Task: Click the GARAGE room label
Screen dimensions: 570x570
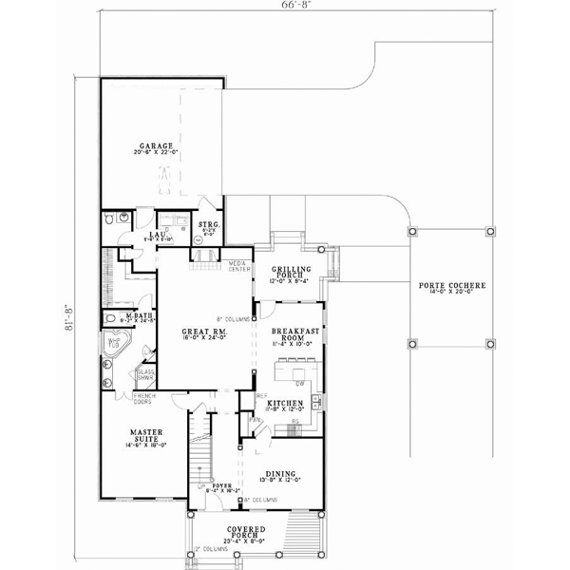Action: [157, 146]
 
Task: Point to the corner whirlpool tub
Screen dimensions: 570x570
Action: [116, 346]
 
